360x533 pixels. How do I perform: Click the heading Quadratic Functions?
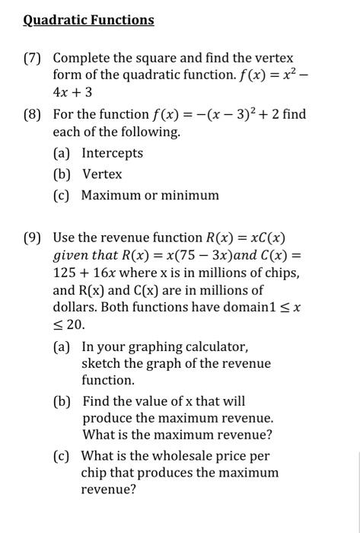click(x=88, y=20)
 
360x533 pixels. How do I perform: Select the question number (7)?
click(x=35, y=58)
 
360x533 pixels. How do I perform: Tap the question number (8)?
click(x=35, y=115)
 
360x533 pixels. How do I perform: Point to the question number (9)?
click(x=35, y=237)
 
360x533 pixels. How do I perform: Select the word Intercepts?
click(x=112, y=153)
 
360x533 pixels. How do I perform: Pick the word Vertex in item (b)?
click(x=102, y=174)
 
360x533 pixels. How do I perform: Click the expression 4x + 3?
click(x=73, y=91)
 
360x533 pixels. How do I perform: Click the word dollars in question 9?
click(x=73, y=308)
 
